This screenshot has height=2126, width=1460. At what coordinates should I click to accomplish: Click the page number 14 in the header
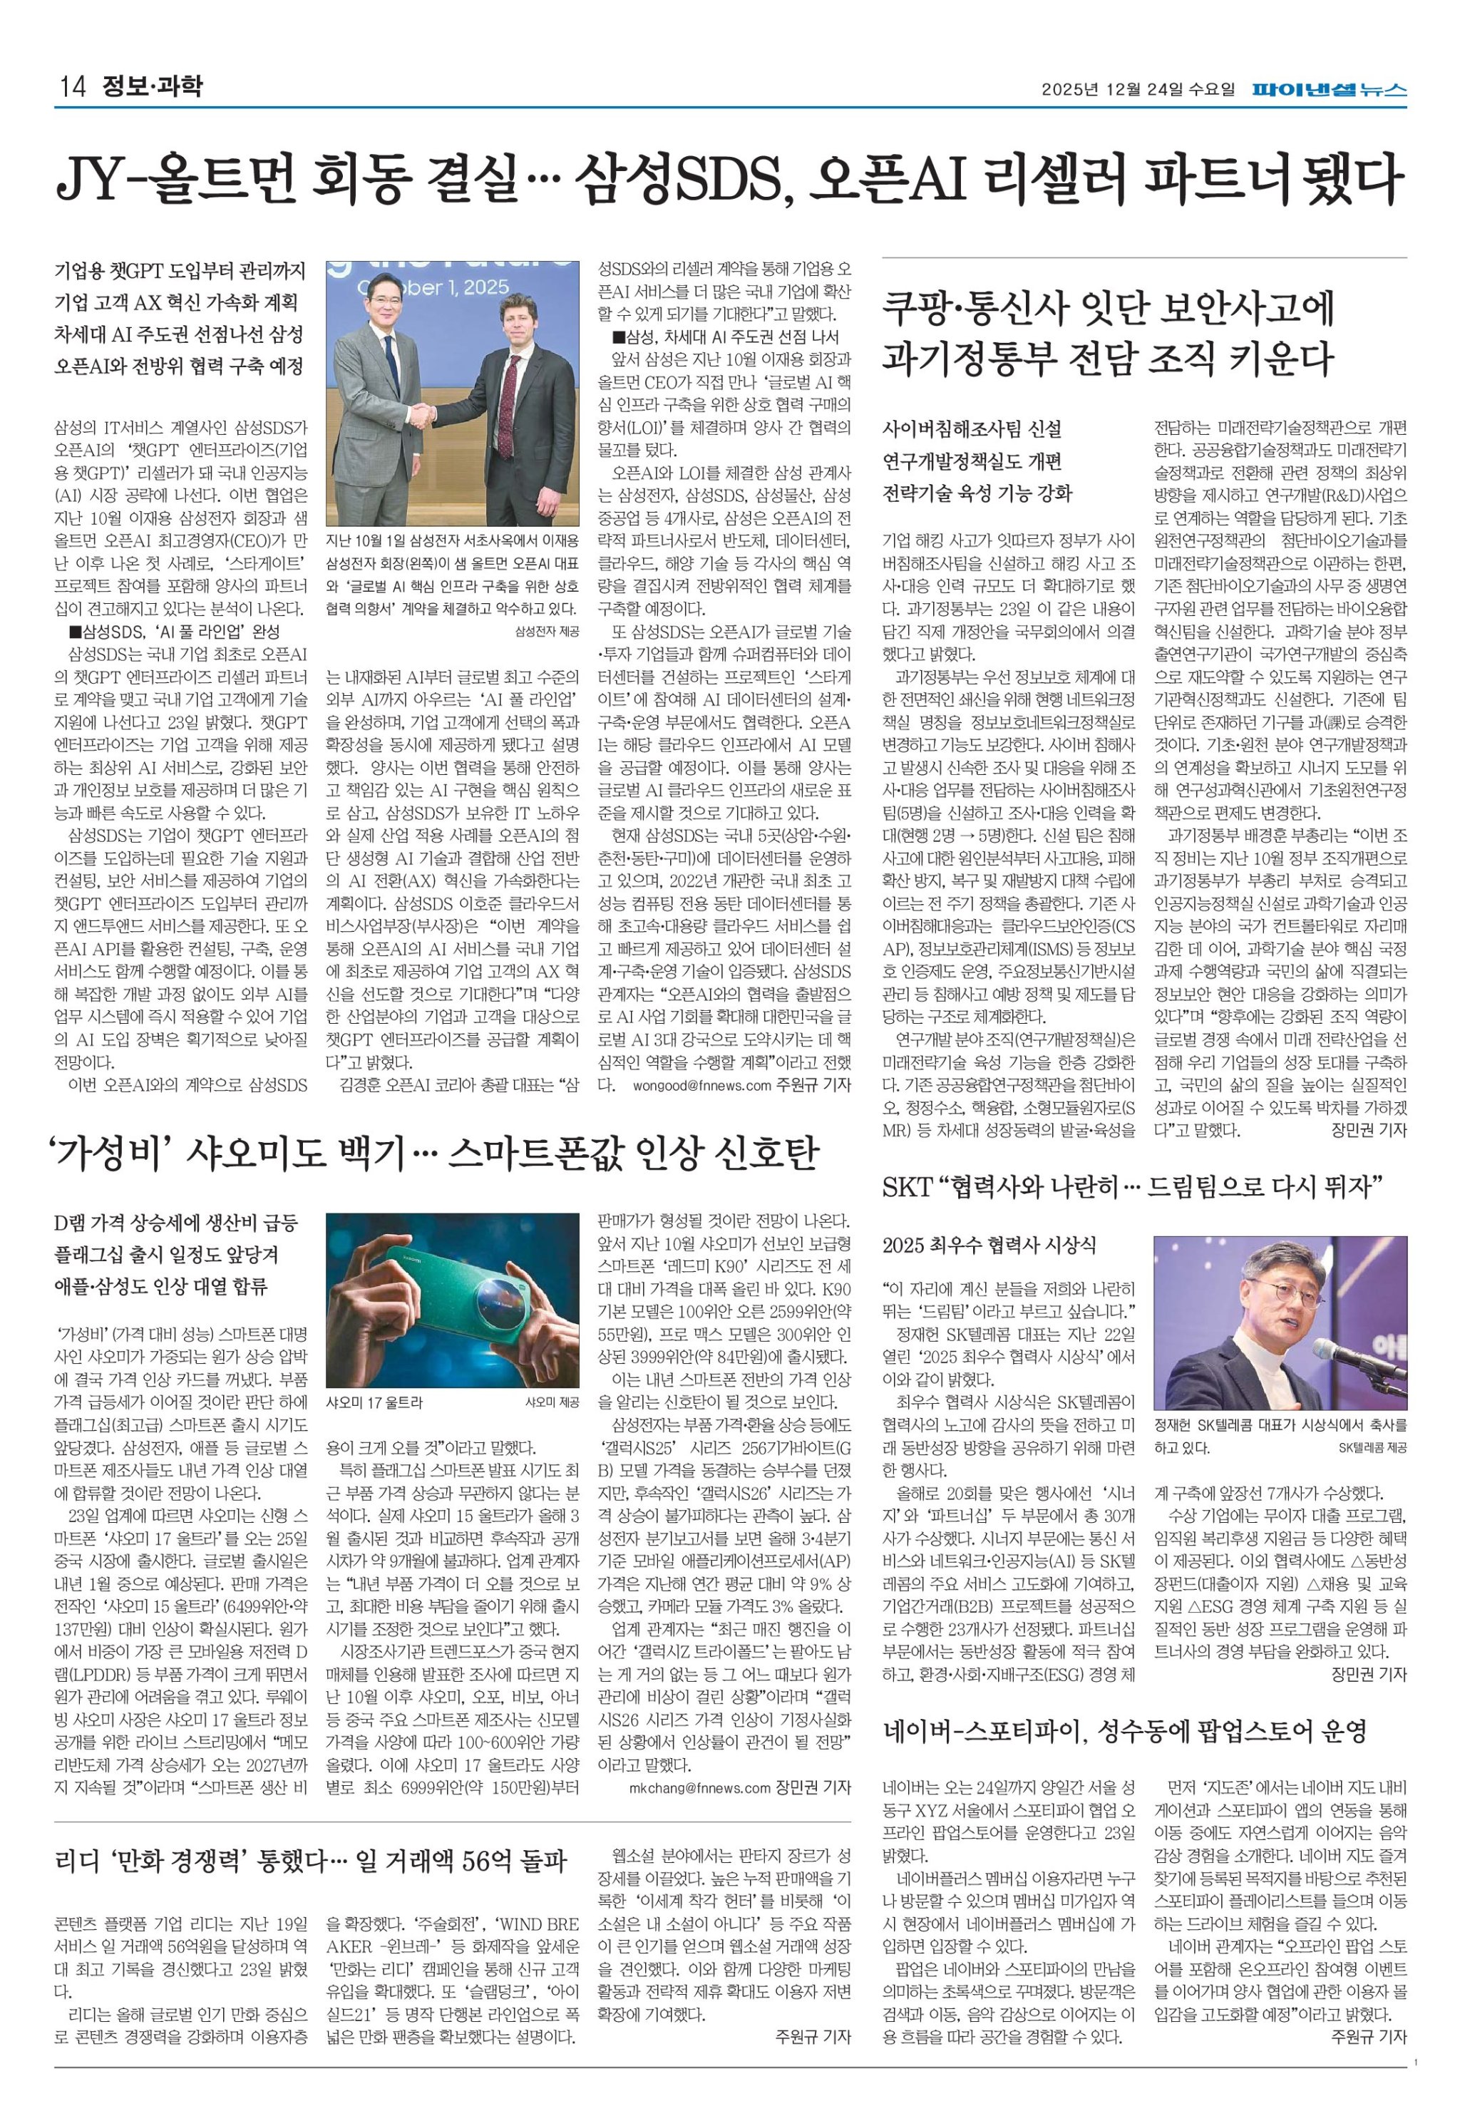(x=71, y=87)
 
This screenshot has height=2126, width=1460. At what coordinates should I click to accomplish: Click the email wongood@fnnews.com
(x=701, y=1086)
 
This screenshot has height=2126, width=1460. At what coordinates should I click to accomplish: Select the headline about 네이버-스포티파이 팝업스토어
(x=1124, y=1731)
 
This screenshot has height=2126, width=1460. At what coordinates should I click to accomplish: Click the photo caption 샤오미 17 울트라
(x=374, y=1402)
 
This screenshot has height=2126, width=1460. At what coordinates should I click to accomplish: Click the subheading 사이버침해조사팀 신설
(x=972, y=429)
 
